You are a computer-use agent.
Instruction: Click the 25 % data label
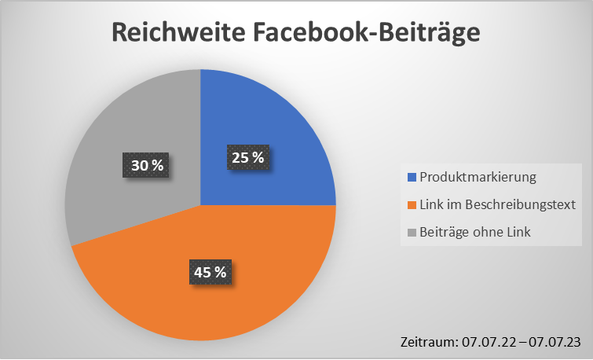[247, 158]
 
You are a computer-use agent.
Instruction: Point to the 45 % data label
[210, 272]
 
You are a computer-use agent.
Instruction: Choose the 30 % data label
[147, 165]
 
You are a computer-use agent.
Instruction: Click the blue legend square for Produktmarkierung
[412, 177]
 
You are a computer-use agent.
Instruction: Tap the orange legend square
[412, 204]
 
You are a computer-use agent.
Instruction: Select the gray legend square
[412, 232]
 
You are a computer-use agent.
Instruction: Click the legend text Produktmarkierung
[478, 177]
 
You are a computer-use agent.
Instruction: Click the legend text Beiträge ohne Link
[475, 232]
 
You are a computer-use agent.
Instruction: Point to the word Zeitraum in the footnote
[426, 341]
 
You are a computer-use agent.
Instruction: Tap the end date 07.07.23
[555, 341]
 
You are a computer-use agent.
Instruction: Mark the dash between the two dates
[520, 341]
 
